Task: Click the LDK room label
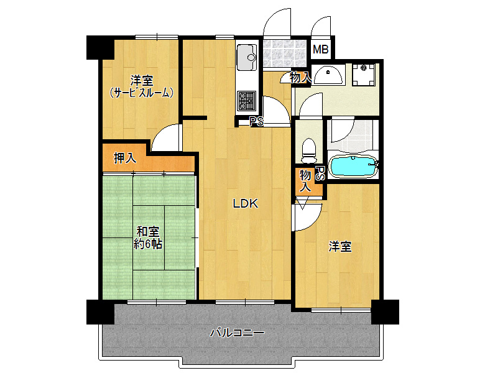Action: [x=245, y=203]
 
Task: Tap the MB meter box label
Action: [x=320, y=49]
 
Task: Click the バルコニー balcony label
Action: [x=238, y=333]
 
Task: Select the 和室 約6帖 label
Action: [x=148, y=238]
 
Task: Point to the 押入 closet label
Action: [x=125, y=158]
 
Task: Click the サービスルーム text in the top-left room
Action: [x=141, y=93]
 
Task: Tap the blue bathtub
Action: [x=353, y=166]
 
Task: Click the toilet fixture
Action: [x=308, y=150]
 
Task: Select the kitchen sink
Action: [x=246, y=58]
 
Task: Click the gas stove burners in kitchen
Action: [x=246, y=101]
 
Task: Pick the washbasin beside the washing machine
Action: [x=328, y=75]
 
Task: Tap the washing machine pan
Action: [x=364, y=75]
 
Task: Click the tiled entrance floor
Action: [x=285, y=53]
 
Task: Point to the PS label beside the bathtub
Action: [x=320, y=174]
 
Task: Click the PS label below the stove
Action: [x=257, y=122]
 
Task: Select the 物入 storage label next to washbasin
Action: [x=300, y=78]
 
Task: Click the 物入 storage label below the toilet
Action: [x=305, y=181]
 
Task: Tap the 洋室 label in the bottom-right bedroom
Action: [x=340, y=247]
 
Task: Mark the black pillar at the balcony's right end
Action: [x=385, y=311]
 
